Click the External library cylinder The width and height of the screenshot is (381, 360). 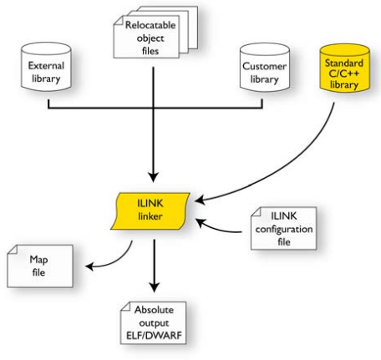click(x=46, y=67)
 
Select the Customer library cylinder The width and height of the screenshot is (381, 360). click(x=265, y=68)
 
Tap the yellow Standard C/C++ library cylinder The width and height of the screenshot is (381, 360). click(x=345, y=68)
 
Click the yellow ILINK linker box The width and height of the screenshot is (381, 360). click(x=150, y=210)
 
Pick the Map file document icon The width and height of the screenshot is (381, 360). click(x=40, y=266)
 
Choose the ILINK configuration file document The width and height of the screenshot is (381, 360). click(x=283, y=228)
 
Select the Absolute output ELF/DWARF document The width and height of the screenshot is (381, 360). click(x=154, y=323)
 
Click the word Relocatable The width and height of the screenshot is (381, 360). click(x=150, y=25)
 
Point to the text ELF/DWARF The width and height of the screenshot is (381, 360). click(x=154, y=336)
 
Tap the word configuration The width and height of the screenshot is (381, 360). click(x=284, y=230)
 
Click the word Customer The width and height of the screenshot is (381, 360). click(x=264, y=66)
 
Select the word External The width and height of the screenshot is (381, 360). click(x=46, y=66)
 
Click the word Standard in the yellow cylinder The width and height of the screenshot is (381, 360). click(x=344, y=63)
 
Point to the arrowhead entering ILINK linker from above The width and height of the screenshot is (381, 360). click(x=153, y=177)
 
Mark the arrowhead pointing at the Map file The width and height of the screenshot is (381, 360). click(x=89, y=266)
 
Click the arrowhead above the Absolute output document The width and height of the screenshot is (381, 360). click(x=154, y=287)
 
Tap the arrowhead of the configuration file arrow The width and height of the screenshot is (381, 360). click(x=200, y=223)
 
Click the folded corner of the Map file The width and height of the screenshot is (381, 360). click(x=13, y=250)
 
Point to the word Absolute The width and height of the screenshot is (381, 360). click(x=154, y=310)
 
